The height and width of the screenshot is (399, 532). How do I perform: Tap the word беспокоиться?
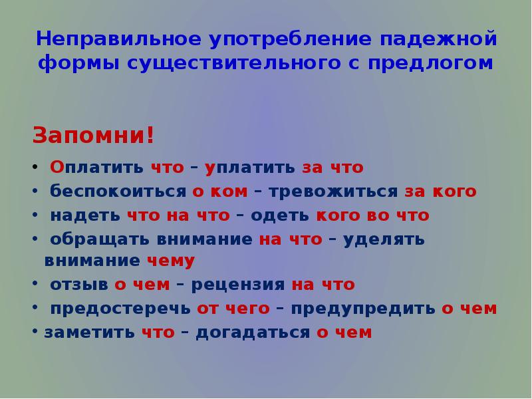118,192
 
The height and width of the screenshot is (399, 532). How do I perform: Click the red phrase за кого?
441,192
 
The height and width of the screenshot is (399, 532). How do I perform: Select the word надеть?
84,216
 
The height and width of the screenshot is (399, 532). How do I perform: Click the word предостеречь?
120,309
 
